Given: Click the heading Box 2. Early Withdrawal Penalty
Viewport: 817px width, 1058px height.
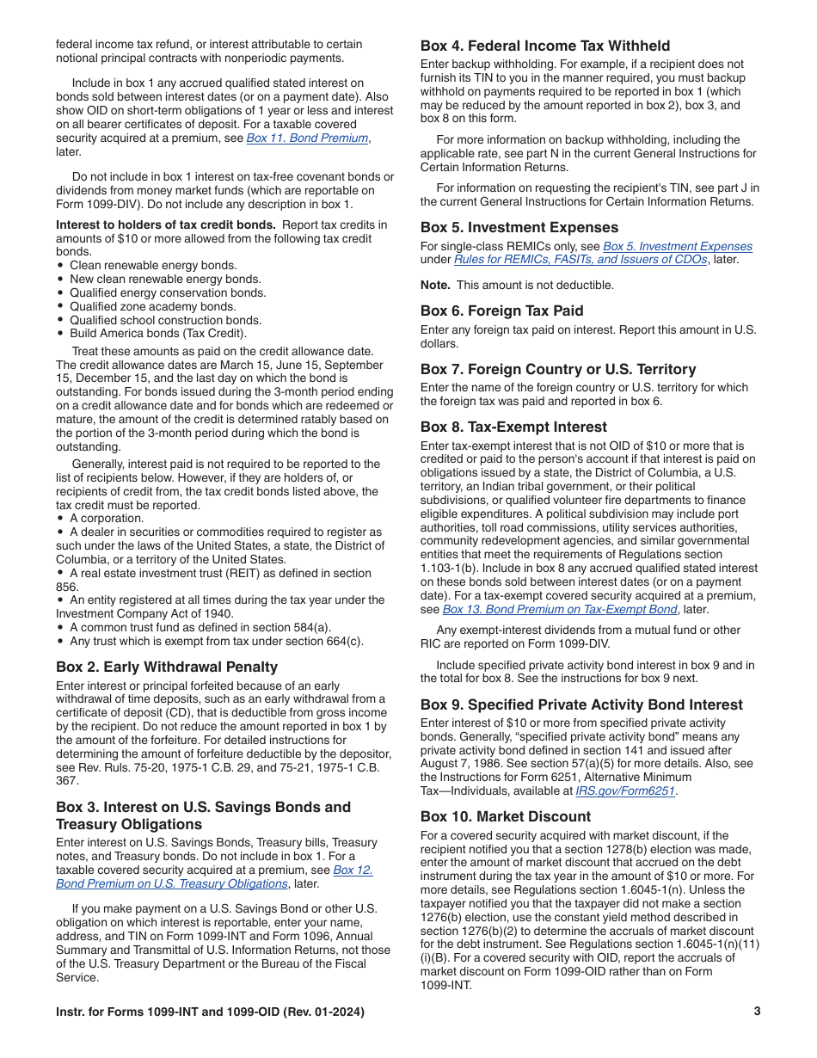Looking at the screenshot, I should point(167,667).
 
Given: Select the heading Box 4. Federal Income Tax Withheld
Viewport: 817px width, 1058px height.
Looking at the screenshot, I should point(545,46).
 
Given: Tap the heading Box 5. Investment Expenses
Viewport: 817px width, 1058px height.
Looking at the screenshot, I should point(519,227).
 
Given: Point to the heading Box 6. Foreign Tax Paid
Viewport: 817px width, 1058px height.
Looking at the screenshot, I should point(501,311).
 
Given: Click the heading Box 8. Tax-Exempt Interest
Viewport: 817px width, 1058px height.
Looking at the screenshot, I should point(513,427).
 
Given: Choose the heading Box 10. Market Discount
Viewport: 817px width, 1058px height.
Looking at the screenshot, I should point(506,816).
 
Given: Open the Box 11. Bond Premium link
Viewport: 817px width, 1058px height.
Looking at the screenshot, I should point(307,138).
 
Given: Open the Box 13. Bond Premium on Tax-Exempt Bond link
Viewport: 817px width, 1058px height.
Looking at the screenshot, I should point(560,609).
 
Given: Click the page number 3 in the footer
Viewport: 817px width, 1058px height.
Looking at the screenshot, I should point(757,1012).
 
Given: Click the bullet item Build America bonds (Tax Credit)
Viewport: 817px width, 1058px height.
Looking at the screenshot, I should point(158,334).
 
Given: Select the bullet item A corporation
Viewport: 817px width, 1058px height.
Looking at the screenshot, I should point(107,519).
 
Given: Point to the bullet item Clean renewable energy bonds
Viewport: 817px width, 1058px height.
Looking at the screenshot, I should point(153,266).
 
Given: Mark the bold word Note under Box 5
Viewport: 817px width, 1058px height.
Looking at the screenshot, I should point(435,285).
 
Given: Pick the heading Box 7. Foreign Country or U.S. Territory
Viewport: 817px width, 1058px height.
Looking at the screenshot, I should point(558,369).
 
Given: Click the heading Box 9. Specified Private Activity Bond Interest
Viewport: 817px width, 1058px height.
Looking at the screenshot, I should point(581,704).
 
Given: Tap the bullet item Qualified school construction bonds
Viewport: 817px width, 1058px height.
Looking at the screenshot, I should point(165,320).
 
